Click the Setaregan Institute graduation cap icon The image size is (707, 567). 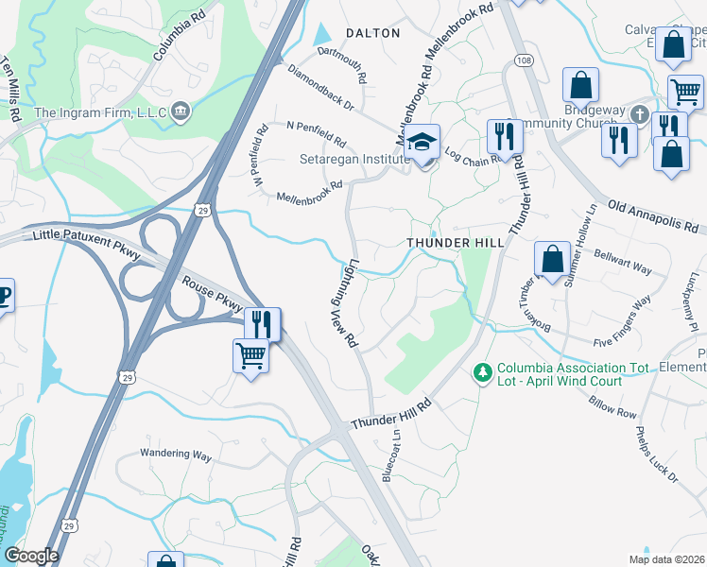pyautogui.click(x=422, y=143)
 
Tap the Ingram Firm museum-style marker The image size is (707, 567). pyautogui.click(x=181, y=113)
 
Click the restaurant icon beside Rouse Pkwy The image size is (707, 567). pyautogui.click(x=262, y=324)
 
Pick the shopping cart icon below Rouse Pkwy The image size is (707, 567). pyautogui.click(x=250, y=356)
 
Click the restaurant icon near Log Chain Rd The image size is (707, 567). pyautogui.click(x=504, y=136)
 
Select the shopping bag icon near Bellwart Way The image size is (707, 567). pyautogui.click(x=551, y=258)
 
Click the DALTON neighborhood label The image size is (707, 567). pyautogui.click(x=373, y=32)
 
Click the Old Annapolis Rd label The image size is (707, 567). pyautogui.click(x=656, y=216)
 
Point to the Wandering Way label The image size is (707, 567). pyautogui.click(x=176, y=455)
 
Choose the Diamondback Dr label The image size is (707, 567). pyautogui.click(x=319, y=87)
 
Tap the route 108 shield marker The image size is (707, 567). pyautogui.click(x=523, y=60)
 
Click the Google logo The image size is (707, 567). pyautogui.click(x=31, y=556)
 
